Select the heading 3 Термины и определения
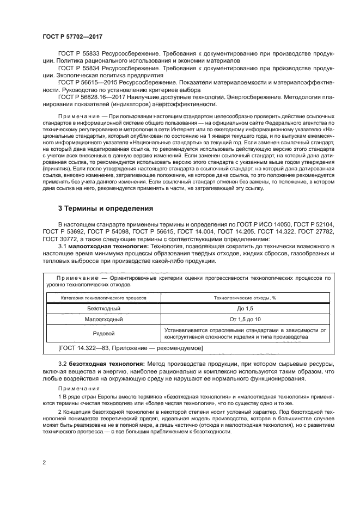[106, 208]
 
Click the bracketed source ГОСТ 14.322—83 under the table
[130, 347]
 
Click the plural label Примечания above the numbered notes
[78, 388]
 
